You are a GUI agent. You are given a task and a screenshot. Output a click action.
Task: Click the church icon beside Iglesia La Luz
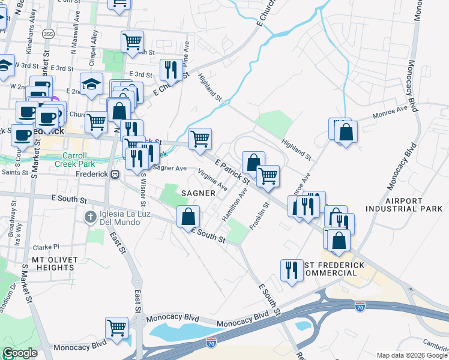(x=91, y=217)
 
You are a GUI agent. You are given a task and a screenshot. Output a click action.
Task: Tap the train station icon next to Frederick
(x=115, y=174)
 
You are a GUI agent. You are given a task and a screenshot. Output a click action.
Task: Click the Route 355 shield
(x=49, y=35)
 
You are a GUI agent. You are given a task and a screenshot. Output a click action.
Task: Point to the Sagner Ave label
(x=169, y=169)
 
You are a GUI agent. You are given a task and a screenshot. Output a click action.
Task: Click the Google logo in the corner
(x=20, y=353)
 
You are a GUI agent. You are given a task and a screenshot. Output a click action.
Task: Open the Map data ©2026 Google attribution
(x=412, y=355)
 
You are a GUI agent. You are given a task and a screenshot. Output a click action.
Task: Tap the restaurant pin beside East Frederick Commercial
(x=292, y=269)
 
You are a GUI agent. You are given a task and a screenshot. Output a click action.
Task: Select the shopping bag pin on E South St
(x=188, y=216)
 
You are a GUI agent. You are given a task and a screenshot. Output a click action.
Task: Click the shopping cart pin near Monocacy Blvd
(x=116, y=327)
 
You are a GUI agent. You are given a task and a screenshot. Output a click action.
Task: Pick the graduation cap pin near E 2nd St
(x=91, y=84)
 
